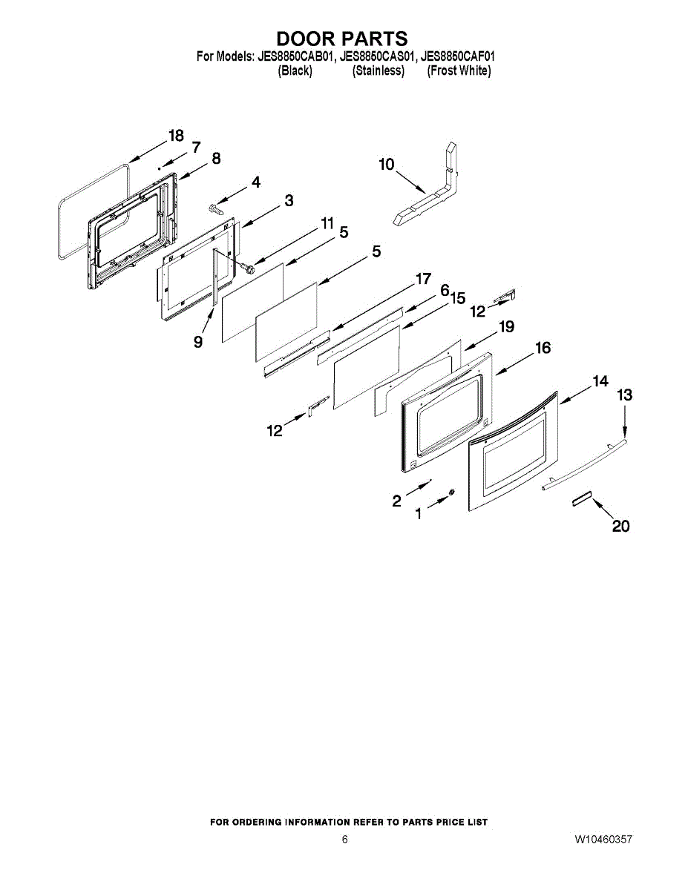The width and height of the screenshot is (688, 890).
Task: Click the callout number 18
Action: point(176,136)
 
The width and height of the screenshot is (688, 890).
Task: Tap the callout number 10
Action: point(387,165)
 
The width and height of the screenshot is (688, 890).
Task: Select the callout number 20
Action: point(620,526)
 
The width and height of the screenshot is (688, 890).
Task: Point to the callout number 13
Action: point(625,395)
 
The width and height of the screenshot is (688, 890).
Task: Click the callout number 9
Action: point(198,342)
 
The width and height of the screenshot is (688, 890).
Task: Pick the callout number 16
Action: point(543,348)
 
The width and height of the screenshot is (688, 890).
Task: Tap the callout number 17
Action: point(423,279)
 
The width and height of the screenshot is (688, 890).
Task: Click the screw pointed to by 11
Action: point(247,268)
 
